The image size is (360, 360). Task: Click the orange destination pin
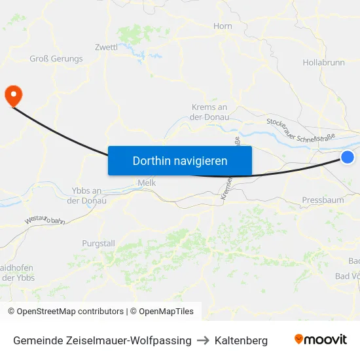pos(13,96)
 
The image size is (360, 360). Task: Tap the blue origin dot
pos(348,156)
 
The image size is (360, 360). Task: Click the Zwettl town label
pos(106,47)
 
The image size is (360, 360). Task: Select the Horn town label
pos(223,26)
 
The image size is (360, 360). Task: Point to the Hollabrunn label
pos(324,63)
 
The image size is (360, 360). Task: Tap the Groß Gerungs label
pos(56,59)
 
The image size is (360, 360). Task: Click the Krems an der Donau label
pos(209,112)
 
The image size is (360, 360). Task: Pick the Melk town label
pos(147,183)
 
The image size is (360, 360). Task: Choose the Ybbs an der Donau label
pos(86,195)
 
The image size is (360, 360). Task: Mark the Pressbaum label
pos(323,200)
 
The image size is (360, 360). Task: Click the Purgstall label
pos(99,243)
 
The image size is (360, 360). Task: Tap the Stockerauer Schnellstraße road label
pos(301,130)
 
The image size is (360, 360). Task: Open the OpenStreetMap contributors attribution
pos(65,312)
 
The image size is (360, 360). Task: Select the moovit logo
pos(320,340)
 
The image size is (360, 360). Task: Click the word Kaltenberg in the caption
pos(241,340)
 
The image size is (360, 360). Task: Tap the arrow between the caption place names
pos(203,340)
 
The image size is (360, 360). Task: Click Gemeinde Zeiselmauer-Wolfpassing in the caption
pos(102,340)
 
